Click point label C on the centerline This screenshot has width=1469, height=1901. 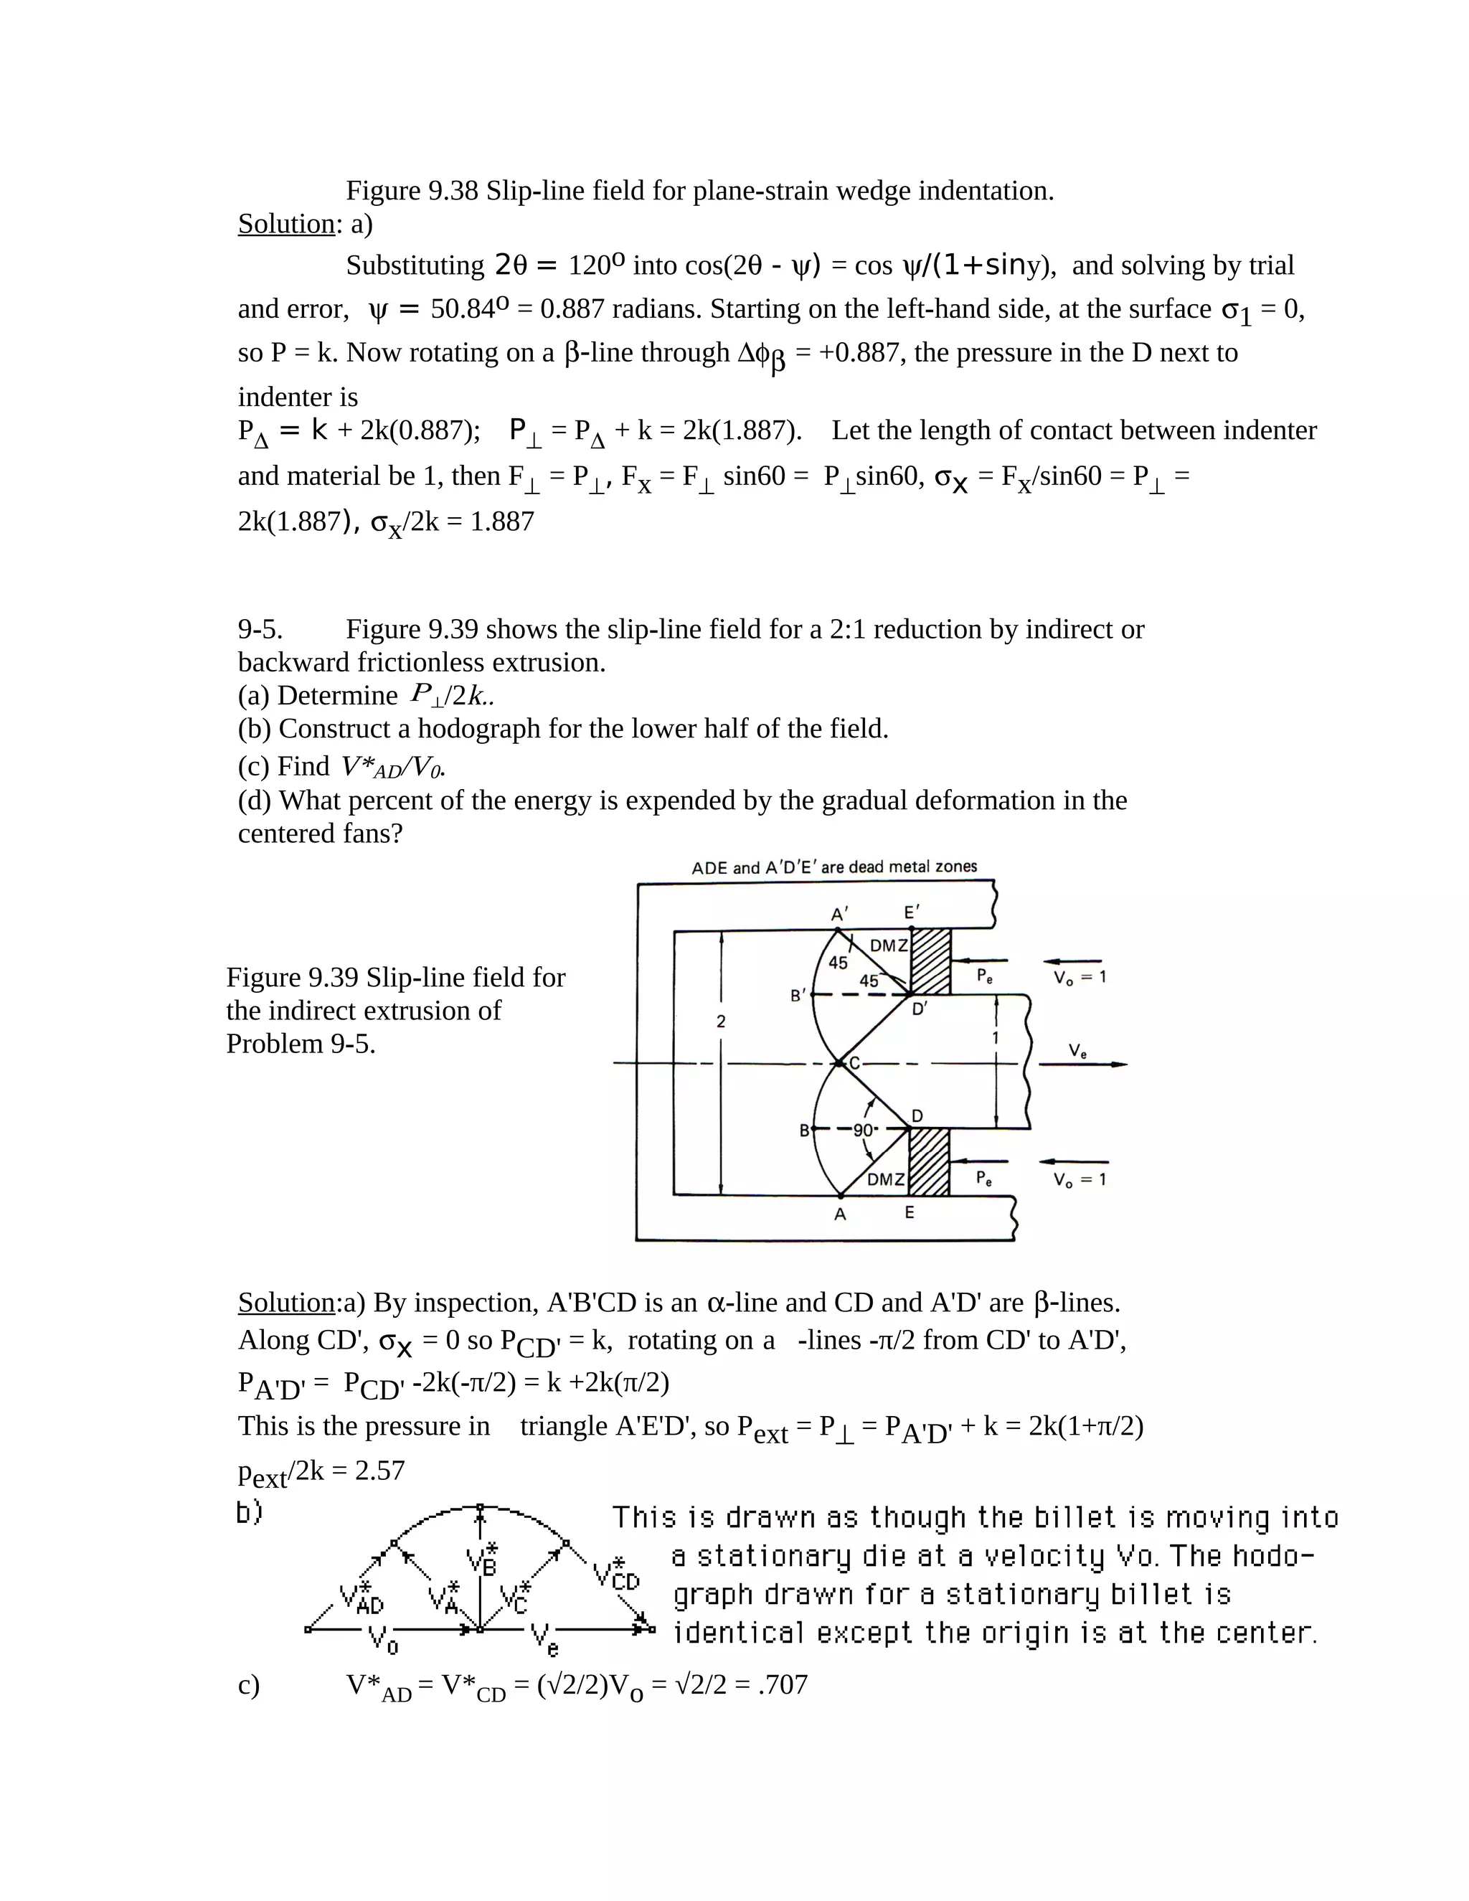[854, 1063]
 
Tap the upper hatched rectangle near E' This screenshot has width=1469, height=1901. [930, 961]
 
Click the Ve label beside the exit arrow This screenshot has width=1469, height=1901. [1077, 1052]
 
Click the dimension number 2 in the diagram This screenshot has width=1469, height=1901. [721, 1022]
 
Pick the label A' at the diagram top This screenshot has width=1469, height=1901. [839, 914]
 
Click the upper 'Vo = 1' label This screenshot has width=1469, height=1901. [1079, 978]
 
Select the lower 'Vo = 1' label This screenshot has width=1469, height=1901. [1079, 1179]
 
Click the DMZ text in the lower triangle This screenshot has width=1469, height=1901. [886, 1179]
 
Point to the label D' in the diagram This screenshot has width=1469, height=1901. [920, 1011]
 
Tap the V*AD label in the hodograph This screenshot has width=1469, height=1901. [362, 1598]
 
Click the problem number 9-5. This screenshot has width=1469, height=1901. [260, 628]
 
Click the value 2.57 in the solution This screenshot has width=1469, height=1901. [379, 1470]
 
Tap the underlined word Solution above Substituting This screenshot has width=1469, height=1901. [285, 224]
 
